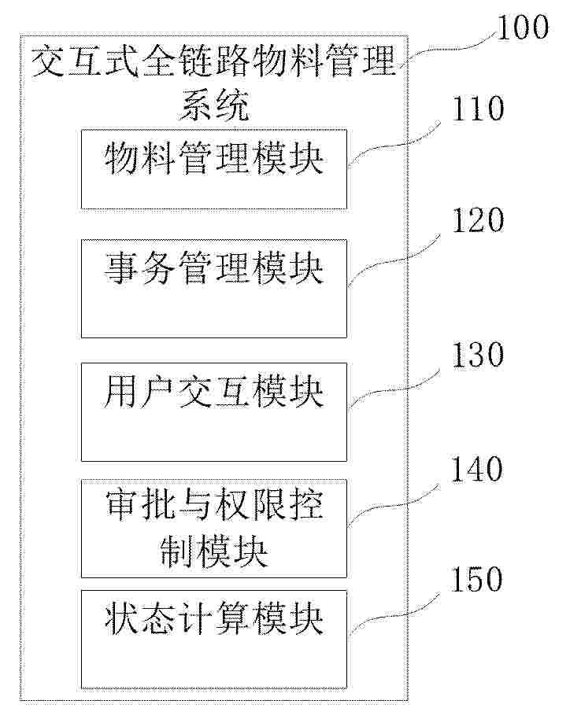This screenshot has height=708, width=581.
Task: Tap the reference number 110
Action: [478, 109]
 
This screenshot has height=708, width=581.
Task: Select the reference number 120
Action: [478, 220]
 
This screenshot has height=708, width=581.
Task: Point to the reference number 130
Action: [478, 355]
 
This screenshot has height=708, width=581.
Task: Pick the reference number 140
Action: [477, 469]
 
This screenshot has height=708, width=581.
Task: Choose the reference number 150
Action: [477, 579]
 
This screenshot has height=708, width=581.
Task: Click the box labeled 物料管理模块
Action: [213, 169]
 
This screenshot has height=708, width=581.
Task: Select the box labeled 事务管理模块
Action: [213, 289]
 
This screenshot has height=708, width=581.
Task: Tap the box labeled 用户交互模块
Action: [213, 411]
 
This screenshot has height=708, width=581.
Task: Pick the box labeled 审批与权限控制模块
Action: [213, 529]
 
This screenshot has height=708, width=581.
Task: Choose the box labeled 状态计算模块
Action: [213, 639]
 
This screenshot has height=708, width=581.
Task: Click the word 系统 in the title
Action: [214, 105]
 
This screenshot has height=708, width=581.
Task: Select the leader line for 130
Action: [392, 389]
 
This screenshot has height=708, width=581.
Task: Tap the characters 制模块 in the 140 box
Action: [214, 551]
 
